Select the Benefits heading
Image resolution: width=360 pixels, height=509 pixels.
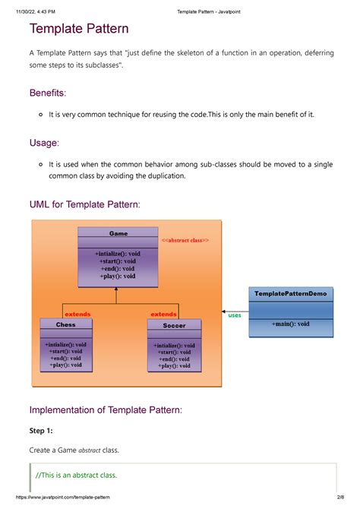47,93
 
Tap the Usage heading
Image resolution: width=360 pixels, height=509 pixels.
43,143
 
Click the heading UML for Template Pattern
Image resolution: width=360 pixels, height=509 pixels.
84,204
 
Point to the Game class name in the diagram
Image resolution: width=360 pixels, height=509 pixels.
118,234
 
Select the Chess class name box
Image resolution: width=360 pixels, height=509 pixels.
66,324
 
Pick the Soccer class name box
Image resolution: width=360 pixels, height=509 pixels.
174,325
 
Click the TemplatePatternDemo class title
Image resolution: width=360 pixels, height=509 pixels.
291,293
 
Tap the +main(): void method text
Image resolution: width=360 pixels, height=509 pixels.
291,324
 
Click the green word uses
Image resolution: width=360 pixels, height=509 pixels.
235,315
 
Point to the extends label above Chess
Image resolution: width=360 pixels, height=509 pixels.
77,314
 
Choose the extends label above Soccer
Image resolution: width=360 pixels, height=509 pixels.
163,314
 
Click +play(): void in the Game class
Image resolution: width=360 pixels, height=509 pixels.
118,276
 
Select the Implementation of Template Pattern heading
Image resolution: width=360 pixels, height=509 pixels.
106,409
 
